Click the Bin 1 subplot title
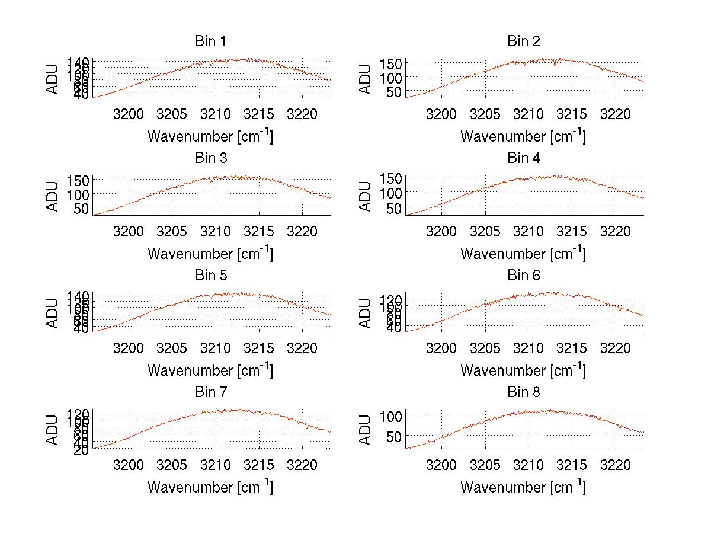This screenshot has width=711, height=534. [x=210, y=41]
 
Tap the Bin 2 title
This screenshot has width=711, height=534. [x=524, y=41]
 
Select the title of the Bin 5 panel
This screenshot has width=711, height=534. [x=210, y=276]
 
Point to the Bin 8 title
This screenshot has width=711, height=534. [x=524, y=392]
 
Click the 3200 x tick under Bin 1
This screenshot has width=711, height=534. [x=128, y=114]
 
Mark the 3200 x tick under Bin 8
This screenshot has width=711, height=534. [x=441, y=464]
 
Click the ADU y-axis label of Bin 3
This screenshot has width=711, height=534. [x=53, y=196]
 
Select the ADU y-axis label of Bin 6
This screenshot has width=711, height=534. [x=366, y=313]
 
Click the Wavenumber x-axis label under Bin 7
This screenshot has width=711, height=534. [x=210, y=487]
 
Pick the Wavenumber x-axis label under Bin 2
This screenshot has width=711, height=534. [x=524, y=136]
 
